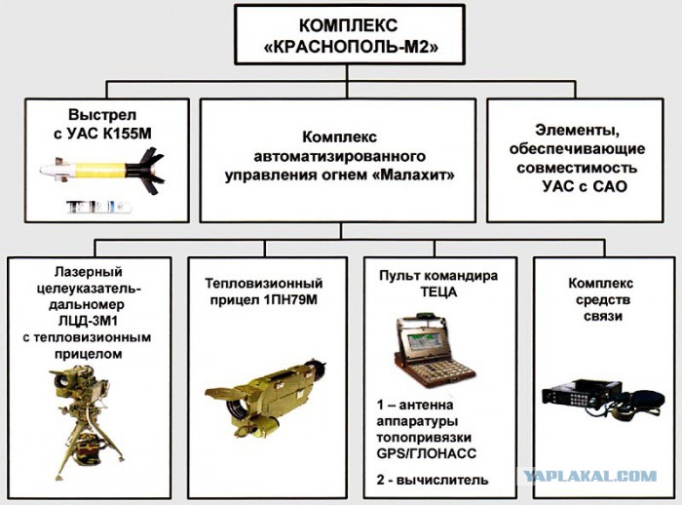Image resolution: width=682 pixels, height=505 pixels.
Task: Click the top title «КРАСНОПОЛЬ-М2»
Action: [x=341, y=47]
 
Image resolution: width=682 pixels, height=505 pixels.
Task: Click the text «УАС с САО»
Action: [x=580, y=186]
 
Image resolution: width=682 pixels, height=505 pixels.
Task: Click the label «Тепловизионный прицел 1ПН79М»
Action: [x=262, y=291]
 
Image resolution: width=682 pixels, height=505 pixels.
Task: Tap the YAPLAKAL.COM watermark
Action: [x=590, y=477]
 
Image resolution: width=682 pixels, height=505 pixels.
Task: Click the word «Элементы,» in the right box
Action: [x=577, y=129]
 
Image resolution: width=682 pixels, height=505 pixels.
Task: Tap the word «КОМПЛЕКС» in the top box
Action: [x=341, y=25]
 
